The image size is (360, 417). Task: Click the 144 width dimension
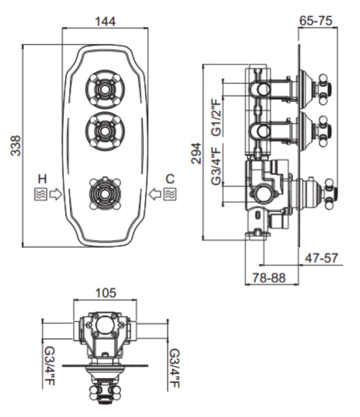pyautogui.click(x=105, y=22)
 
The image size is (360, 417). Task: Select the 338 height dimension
pyautogui.click(x=16, y=146)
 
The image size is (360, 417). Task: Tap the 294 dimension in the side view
pyautogui.click(x=196, y=153)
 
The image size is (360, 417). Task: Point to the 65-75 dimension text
pyautogui.click(x=316, y=20)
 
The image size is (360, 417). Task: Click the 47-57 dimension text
pyautogui.click(x=322, y=258)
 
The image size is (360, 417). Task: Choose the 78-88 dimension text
pyautogui.click(x=269, y=278)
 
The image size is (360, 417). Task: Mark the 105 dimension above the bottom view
pyautogui.click(x=106, y=293)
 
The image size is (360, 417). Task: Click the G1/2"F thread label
pyautogui.click(x=216, y=117)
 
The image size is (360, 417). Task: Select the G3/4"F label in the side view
pyautogui.click(x=216, y=166)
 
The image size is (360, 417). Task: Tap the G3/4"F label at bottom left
pyautogui.click(x=49, y=367)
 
